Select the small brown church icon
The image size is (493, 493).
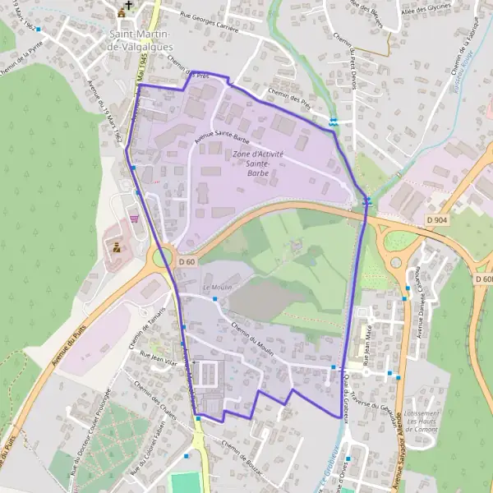(122, 12)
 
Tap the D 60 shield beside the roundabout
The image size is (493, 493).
(187, 261)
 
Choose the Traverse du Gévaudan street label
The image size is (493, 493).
(372, 399)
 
